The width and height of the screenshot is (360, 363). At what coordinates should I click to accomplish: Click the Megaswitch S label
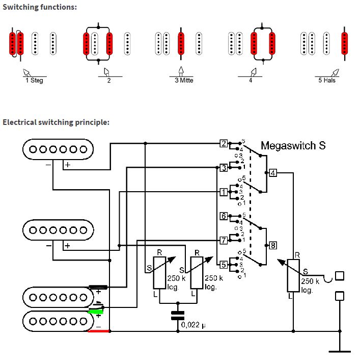(293, 146)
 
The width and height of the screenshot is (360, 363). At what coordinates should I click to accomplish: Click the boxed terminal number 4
(273, 173)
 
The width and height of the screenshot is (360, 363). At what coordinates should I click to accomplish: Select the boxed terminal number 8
(273, 245)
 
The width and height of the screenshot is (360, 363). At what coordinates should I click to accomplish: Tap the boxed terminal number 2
(224, 144)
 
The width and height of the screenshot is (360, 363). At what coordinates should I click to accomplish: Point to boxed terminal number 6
(224, 216)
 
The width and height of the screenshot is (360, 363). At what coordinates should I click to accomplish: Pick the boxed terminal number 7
(224, 240)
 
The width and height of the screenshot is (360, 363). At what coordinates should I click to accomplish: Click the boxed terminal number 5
(224, 265)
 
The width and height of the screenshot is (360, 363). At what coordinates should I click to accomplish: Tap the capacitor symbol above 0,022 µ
(178, 316)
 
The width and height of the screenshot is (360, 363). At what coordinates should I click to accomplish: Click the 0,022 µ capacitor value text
(193, 325)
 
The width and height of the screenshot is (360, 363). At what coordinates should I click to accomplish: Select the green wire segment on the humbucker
(95, 312)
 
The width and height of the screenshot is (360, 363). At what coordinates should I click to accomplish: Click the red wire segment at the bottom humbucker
(98, 331)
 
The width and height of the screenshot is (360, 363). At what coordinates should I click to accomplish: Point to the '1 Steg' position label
(34, 81)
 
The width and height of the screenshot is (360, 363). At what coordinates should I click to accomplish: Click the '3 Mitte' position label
(184, 81)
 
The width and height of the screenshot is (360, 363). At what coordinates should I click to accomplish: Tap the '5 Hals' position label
(327, 81)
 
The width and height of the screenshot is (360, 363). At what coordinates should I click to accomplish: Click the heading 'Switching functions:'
(40, 7)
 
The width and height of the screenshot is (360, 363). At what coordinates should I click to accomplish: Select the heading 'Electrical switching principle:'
(56, 122)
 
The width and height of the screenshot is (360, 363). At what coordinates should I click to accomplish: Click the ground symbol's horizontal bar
(340, 352)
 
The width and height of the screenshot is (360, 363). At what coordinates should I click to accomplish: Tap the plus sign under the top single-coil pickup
(68, 165)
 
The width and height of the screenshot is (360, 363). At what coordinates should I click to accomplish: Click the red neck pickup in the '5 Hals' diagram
(345, 43)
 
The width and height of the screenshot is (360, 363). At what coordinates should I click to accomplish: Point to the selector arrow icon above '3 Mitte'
(181, 71)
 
